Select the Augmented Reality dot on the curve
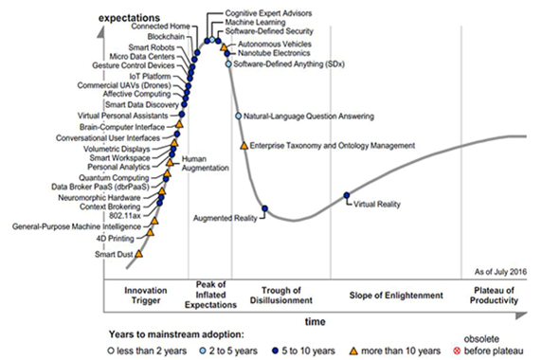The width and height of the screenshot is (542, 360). (265, 209)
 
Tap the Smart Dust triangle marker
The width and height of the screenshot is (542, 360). (139, 253)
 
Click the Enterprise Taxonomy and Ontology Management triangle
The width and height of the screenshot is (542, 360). (244, 145)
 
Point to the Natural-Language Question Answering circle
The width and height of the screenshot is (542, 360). (239, 116)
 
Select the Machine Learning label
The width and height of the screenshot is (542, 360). (256, 21)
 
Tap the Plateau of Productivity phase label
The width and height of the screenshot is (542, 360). (490, 295)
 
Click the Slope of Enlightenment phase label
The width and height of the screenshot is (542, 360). (388, 295)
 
